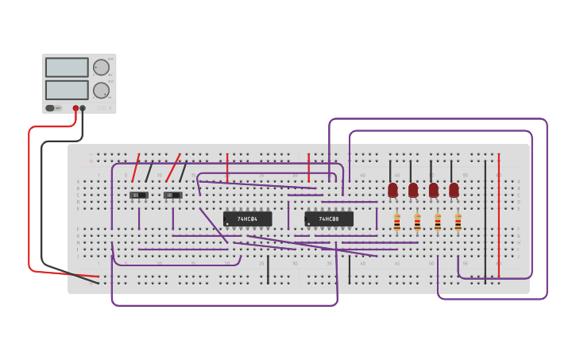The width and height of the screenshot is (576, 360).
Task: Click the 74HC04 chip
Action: [x=247, y=219]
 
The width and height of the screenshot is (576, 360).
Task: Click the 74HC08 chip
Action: [x=329, y=219]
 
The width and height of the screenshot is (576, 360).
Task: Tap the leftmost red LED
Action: [x=392, y=190]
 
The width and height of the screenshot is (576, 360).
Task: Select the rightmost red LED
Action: [x=454, y=190]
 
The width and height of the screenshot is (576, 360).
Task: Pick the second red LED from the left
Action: [x=413, y=190]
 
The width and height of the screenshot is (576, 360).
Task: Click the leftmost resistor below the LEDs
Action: [x=396, y=222]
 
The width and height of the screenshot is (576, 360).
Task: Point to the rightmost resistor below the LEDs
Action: [x=458, y=222]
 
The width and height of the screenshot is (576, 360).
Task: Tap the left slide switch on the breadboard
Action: [x=139, y=195]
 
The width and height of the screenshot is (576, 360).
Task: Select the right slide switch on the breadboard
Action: [x=172, y=195]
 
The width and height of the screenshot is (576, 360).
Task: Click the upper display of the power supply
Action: [x=67, y=68]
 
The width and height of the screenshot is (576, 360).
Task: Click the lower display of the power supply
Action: [x=67, y=90]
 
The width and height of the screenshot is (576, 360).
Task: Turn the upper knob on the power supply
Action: [x=101, y=68]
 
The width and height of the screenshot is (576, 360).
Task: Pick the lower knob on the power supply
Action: [x=101, y=90]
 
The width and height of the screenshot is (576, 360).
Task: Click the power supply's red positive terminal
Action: [x=76, y=108]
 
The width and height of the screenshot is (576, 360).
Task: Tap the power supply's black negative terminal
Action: [x=83, y=108]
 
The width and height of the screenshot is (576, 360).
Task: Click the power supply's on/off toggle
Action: [x=50, y=108]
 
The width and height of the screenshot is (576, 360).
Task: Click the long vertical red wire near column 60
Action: [x=499, y=215]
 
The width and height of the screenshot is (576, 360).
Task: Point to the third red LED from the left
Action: [x=433, y=190]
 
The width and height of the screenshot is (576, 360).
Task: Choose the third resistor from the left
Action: [x=437, y=222]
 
